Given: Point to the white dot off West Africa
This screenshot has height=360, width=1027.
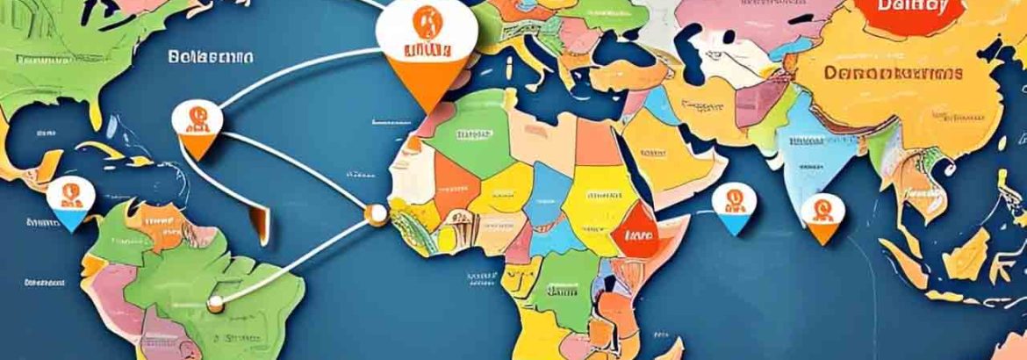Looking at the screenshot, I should [378, 212].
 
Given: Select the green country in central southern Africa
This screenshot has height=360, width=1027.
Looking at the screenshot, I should [561, 291].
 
